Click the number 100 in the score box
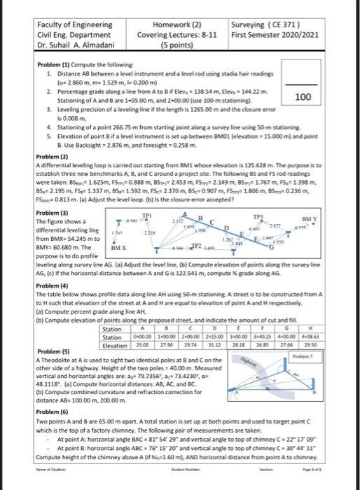tap(303, 97)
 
